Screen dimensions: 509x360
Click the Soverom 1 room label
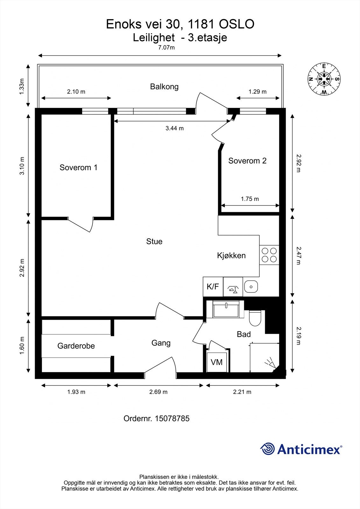(x=78, y=167)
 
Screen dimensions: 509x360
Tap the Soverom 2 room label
(x=247, y=161)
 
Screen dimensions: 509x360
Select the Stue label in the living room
(x=154, y=241)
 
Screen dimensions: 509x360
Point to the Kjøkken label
(x=231, y=255)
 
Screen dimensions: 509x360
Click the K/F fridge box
(x=213, y=287)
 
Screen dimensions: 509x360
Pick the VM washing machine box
(x=216, y=362)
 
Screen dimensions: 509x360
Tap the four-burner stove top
(x=269, y=255)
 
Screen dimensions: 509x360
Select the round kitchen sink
(x=251, y=287)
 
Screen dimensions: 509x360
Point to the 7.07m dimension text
(x=166, y=48)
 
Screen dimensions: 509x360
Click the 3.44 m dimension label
(x=174, y=129)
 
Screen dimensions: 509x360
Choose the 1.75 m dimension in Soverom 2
(x=250, y=199)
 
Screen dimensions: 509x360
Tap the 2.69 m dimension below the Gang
(x=158, y=392)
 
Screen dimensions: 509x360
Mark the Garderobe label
(x=76, y=346)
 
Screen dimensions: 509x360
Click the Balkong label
(x=164, y=87)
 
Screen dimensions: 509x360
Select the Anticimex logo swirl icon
(x=267, y=449)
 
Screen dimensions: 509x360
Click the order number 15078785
(x=172, y=418)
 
